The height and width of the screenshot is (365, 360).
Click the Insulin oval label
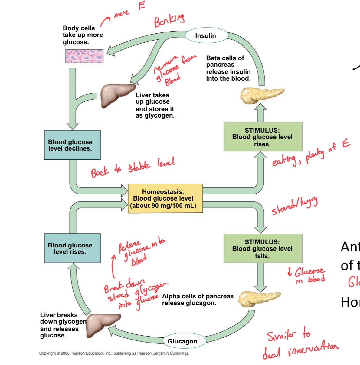coord(205,36)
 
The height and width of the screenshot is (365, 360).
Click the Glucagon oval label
coord(182,341)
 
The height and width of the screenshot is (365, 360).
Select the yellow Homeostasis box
coord(165,198)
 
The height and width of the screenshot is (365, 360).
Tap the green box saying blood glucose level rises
coord(263,137)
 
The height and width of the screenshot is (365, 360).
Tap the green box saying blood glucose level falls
coord(263,248)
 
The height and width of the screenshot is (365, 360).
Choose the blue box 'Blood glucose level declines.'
coord(72,145)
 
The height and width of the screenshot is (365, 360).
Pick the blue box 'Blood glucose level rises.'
coord(72,248)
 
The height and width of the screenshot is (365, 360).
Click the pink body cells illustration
coord(84,56)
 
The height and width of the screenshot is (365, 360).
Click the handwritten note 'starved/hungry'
coord(294,206)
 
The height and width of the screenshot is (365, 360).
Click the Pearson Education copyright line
coord(114,353)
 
